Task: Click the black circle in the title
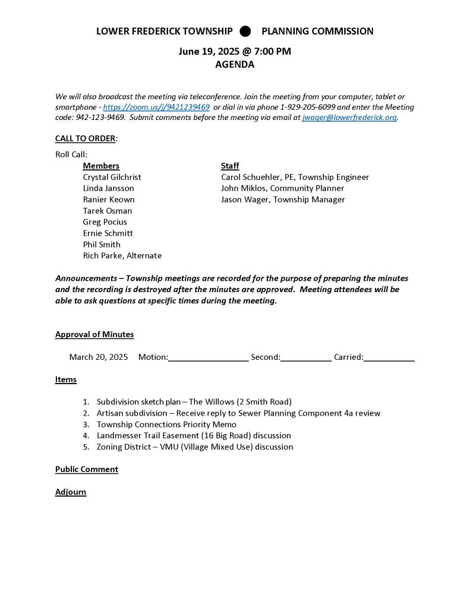(245, 31)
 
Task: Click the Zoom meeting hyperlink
(156, 107)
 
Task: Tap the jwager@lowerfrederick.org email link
(349, 118)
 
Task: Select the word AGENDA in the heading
(235, 65)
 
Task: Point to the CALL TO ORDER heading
(86, 138)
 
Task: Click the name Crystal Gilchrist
(112, 177)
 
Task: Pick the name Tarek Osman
(108, 211)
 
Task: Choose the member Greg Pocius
(105, 222)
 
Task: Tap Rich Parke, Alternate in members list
(122, 256)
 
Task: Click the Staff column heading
(230, 166)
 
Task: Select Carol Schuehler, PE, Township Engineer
(295, 177)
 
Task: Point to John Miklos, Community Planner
(282, 188)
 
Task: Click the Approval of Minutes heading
(94, 334)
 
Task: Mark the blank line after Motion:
(208, 358)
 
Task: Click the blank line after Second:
(305, 358)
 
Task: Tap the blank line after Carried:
(389, 358)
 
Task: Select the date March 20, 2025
(99, 357)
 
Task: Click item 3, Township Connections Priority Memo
(166, 425)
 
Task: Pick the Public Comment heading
(87, 469)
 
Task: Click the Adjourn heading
(71, 492)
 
